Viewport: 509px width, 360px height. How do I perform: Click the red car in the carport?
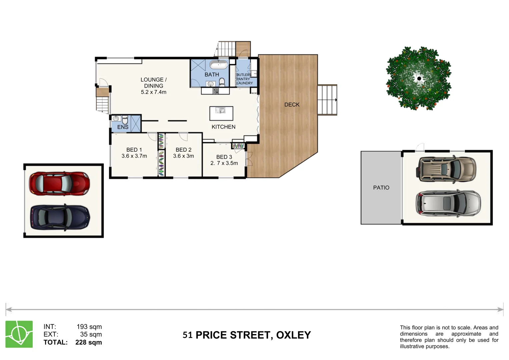click(59, 183)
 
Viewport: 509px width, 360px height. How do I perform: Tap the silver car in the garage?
click(448, 203)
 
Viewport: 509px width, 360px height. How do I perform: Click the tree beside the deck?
click(418, 79)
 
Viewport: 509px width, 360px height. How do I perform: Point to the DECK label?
click(292, 105)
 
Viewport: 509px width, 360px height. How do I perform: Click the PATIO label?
click(381, 188)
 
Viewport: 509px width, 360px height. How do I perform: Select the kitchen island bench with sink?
click(221, 113)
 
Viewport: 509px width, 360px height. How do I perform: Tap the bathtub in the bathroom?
click(218, 64)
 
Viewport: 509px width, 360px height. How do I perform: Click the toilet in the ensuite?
click(125, 120)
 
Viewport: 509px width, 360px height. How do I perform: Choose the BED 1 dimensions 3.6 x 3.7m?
click(134, 156)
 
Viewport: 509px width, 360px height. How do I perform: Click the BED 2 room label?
click(183, 150)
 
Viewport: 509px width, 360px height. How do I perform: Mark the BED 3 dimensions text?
click(224, 163)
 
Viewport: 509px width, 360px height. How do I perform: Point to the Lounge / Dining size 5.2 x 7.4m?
click(153, 92)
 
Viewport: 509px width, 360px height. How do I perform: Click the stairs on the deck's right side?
click(327, 100)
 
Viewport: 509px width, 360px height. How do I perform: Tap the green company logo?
click(19, 334)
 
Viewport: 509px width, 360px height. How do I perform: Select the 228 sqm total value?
click(89, 342)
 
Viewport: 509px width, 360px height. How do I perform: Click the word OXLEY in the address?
click(293, 335)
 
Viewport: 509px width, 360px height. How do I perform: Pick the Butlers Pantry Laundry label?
click(244, 79)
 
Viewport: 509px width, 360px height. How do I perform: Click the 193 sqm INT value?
click(89, 327)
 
